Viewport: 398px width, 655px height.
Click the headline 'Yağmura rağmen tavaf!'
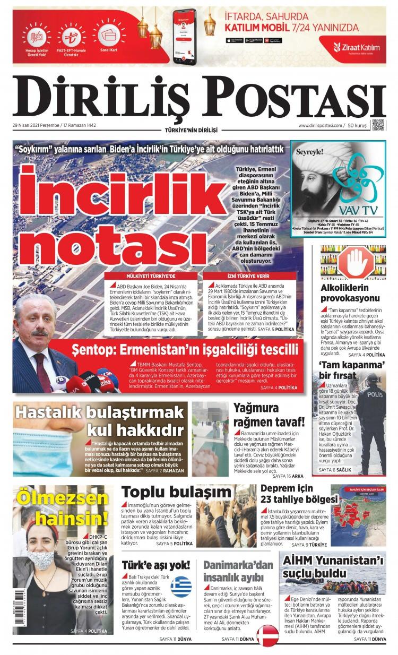tap(269, 415)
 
